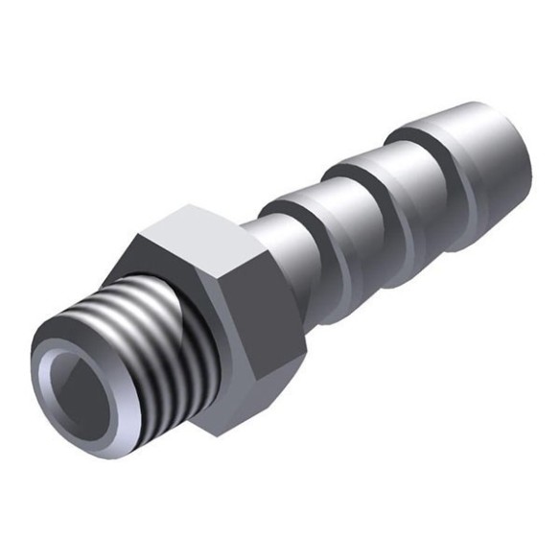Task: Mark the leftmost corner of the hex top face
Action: click(140, 234)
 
